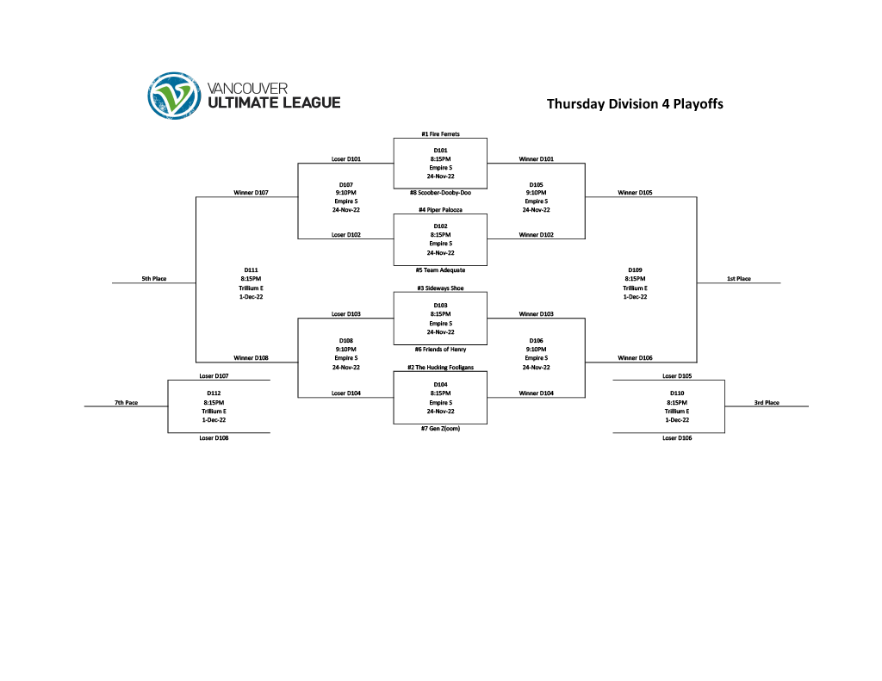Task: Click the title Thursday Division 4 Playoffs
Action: coord(635,104)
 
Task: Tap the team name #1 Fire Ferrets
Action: coord(440,134)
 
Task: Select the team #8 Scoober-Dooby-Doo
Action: coord(440,193)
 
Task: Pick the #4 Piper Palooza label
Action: coord(440,210)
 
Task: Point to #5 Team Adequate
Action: coord(440,270)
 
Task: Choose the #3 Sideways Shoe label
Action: coord(440,288)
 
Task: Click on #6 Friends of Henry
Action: coord(440,350)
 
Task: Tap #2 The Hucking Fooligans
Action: coord(440,368)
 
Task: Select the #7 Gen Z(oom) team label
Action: coord(440,429)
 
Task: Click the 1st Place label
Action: coord(738,279)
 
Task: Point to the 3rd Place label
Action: coord(767,403)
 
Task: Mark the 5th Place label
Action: coord(154,279)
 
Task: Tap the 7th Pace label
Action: coord(126,403)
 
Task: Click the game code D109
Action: coord(635,270)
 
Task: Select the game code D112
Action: coord(214,393)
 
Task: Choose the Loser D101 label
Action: coord(346,159)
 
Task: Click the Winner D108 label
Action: coord(251,358)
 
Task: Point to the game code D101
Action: coord(440,151)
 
